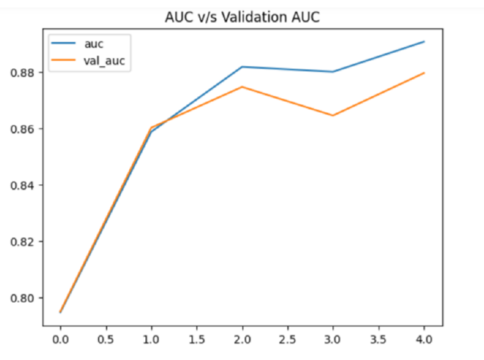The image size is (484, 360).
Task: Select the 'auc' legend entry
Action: click(x=93, y=44)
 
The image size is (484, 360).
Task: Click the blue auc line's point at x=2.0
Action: click(x=243, y=66)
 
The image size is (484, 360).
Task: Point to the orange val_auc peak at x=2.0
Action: click(x=243, y=87)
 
